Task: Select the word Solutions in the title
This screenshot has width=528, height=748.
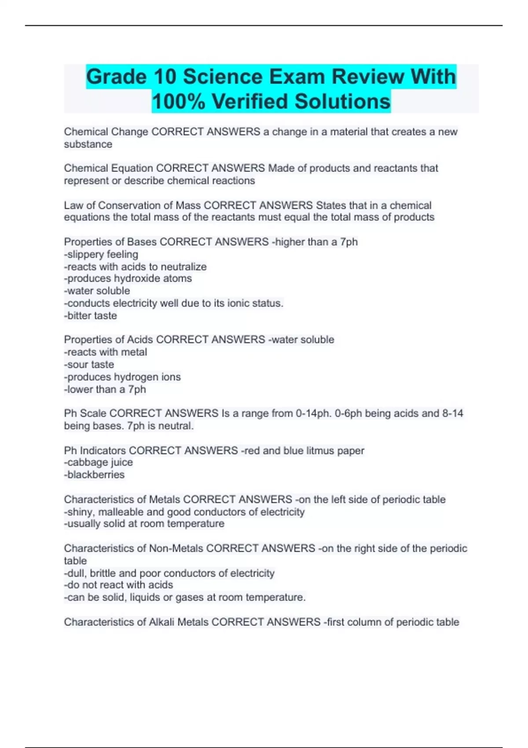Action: tap(342, 102)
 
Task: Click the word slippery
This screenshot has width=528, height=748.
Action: tap(86, 254)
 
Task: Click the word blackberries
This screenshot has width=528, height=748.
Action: tap(96, 475)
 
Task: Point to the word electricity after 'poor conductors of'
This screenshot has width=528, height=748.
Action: tap(252, 573)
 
